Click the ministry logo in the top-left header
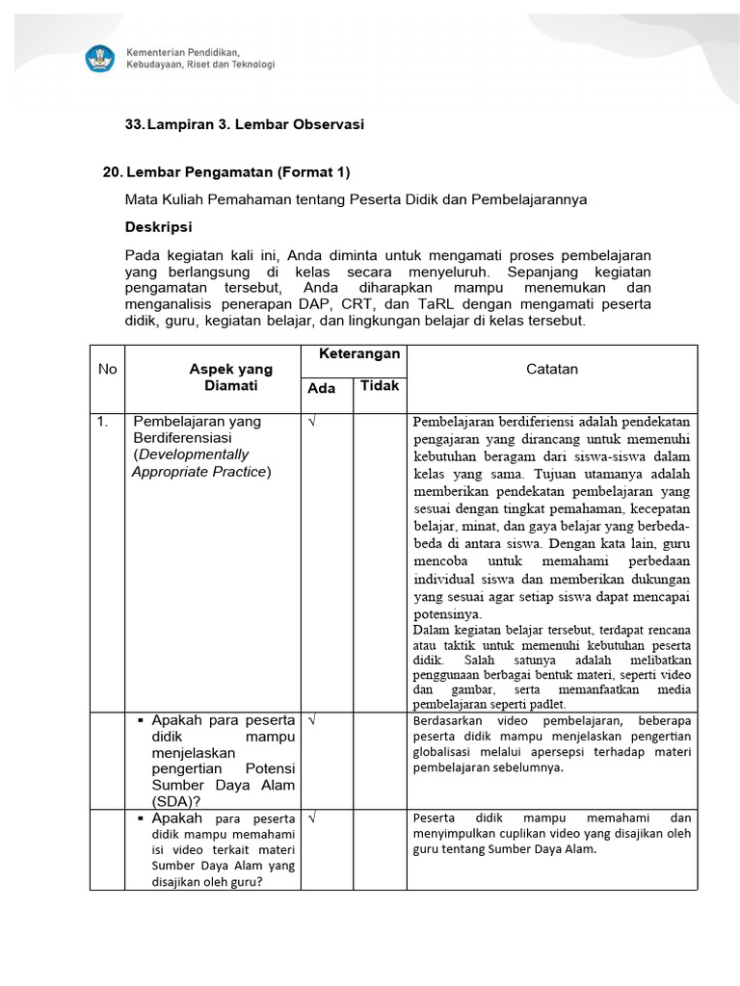pos(100,57)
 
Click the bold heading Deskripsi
pos(158,227)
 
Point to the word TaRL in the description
pos(414,304)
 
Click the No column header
pos(107,370)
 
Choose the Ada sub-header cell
pos(321,388)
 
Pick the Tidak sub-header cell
pos(379,386)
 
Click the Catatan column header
pos(552,370)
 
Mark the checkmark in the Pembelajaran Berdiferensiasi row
pos(313,422)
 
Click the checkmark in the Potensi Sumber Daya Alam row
pos(313,719)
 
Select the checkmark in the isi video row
pos(313,817)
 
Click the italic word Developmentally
pos(191,454)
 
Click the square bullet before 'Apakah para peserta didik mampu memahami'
pos(141,817)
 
